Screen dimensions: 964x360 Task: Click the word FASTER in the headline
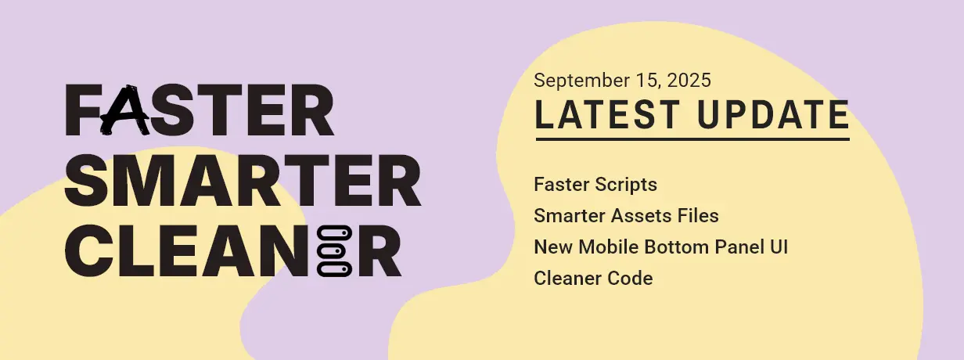(200, 110)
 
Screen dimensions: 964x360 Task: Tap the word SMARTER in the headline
(243, 181)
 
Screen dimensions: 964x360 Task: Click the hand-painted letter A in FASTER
(125, 110)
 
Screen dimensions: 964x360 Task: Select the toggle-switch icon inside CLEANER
(334, 250)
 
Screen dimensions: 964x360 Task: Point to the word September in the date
(581, 81)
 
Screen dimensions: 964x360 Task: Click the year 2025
(689, 80)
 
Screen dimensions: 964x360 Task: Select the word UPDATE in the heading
(773, 114)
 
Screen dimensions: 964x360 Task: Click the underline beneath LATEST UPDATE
(692, 139)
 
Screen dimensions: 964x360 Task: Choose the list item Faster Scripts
(595, 185)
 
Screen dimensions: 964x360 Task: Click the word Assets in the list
(642, 216)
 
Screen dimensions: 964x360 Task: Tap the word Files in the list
(698, 215)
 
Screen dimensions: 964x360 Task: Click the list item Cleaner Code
(593, 278)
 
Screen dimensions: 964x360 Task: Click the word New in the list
(553, 247)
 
